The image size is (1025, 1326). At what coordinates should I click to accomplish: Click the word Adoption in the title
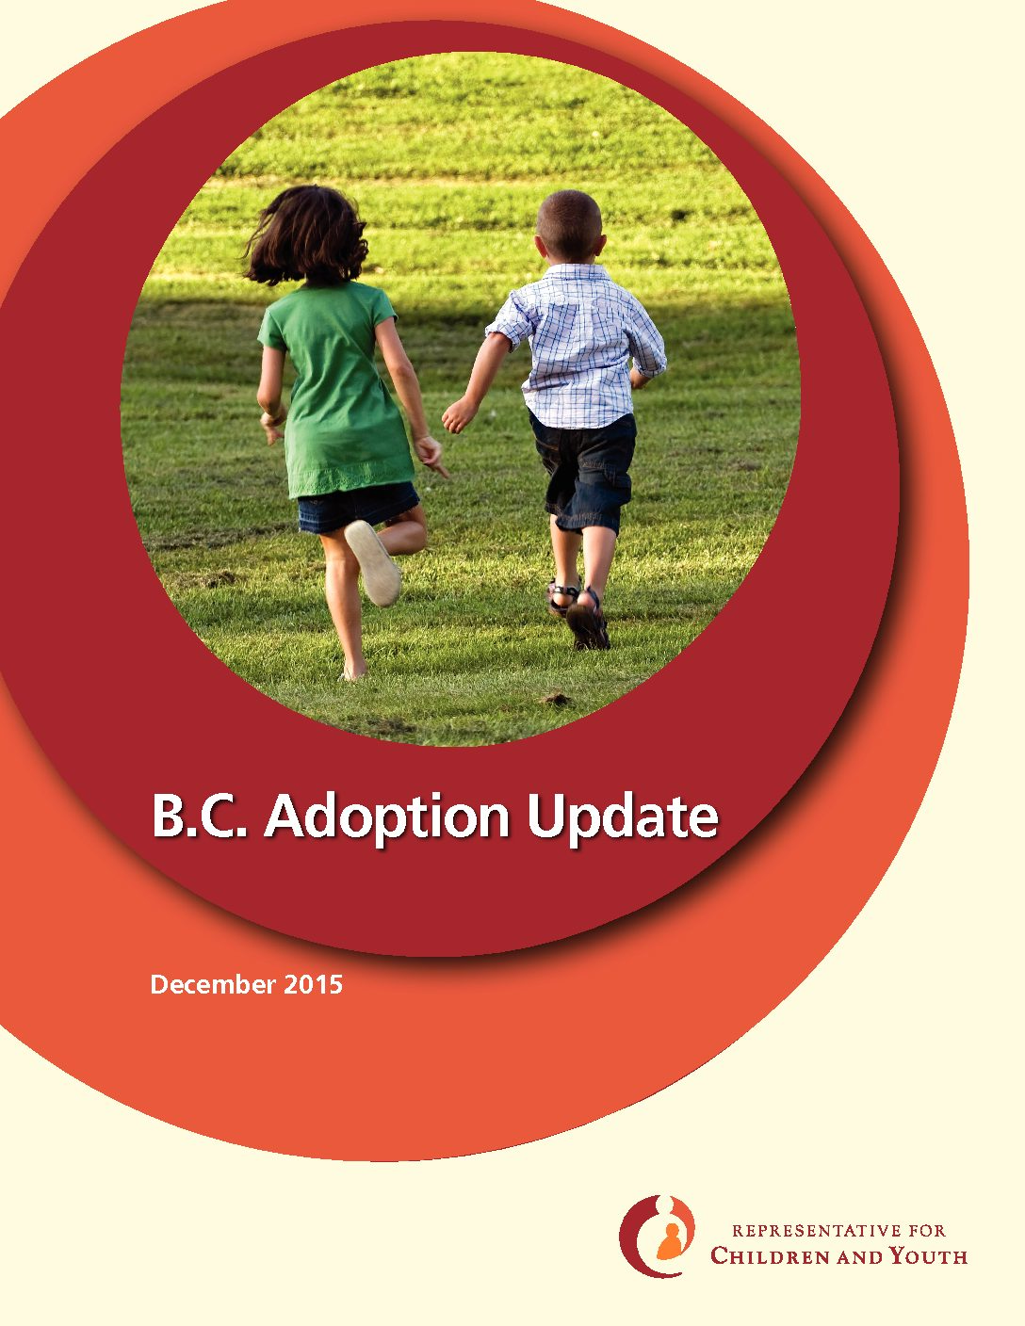pos(386,817)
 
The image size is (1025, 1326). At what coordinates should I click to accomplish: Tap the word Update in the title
pos(622,817)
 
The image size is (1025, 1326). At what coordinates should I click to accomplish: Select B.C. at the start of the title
pos(199,816)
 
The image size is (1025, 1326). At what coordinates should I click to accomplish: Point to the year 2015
pos(313,984)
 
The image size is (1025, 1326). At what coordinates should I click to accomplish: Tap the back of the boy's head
pos(569,226)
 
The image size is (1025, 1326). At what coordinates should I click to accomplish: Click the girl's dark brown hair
pos(306,234)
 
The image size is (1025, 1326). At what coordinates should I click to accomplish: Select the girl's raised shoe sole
pos(372,562)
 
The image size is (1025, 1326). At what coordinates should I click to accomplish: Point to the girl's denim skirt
pos(358,507)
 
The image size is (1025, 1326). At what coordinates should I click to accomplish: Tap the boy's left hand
pos(457,415)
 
